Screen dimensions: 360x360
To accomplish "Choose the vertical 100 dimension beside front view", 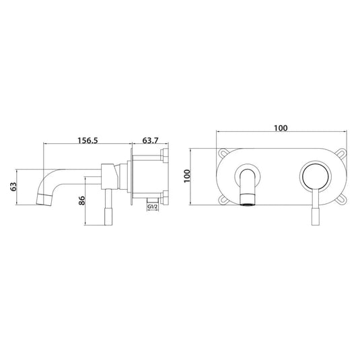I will (x=190, y=176).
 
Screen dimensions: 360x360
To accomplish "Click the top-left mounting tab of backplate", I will (x=221, y=151).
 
